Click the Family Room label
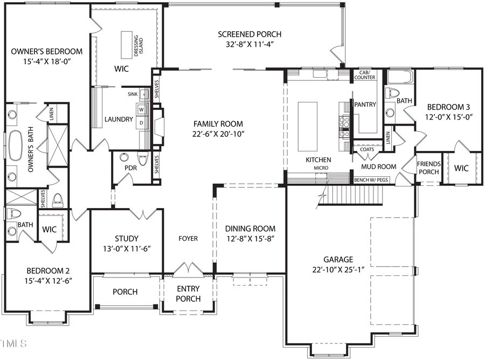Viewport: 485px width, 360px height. [x=219, y=123]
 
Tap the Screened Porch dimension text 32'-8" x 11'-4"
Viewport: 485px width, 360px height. [x=250, y=45]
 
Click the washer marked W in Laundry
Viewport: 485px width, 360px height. [x=142, y=110]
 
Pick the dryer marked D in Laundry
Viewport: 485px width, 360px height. [x=142, y=122]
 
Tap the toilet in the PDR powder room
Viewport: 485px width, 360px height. [x=143, y=160]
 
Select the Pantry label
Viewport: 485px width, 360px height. [x=365, y=104]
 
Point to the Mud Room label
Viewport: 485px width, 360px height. [x=382, y=167]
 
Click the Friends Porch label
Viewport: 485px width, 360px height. [x=429, y=168]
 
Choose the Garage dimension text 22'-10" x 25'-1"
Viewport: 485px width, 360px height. [x=338, y=269]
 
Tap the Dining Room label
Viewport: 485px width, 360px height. [x=250, y=229]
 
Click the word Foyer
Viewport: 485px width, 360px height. [x=188, y=238]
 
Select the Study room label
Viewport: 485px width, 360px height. [x=127, y=238]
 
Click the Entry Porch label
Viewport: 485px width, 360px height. [x=188, y=294]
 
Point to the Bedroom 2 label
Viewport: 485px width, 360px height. [x=48, y=271]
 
